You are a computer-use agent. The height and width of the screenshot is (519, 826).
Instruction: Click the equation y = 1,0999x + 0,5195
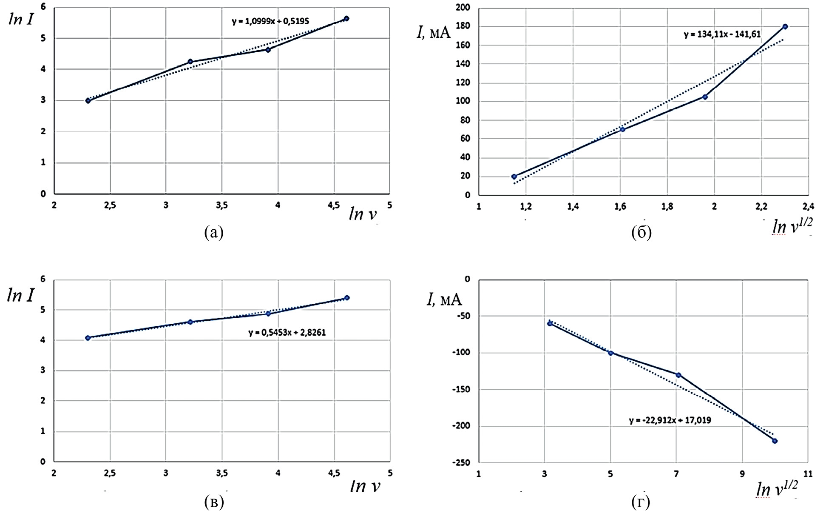[270, 21]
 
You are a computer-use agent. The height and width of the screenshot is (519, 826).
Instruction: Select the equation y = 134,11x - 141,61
[722, 34]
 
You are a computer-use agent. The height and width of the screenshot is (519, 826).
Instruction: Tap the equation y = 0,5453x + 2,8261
[287, 332]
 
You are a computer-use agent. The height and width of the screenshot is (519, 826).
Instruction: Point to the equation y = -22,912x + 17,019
[670, 420]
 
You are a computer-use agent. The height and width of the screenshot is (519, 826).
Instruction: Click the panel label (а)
[213, 232]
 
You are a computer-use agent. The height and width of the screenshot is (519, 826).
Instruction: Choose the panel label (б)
[641, 232]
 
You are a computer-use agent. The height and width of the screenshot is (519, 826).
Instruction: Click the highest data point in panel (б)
[785, 26]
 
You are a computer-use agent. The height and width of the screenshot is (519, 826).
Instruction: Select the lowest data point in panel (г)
[775, 441]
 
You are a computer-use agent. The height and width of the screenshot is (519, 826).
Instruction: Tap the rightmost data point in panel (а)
[346, 18]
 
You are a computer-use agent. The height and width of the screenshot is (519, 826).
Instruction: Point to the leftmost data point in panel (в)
[88, 338]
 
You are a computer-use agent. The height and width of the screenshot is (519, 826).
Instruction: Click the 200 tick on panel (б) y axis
[464, 8]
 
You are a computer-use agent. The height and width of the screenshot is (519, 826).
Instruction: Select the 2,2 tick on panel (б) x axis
[761, 206]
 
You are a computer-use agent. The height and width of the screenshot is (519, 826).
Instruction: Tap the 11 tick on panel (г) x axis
[807, 473]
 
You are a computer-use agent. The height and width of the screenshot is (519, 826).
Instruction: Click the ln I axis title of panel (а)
[20, 19]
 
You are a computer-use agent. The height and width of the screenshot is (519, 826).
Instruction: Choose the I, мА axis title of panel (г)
[444, 300]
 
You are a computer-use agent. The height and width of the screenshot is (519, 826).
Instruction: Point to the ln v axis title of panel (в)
[365, 486]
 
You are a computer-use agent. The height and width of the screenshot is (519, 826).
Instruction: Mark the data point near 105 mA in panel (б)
[705, 97]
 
